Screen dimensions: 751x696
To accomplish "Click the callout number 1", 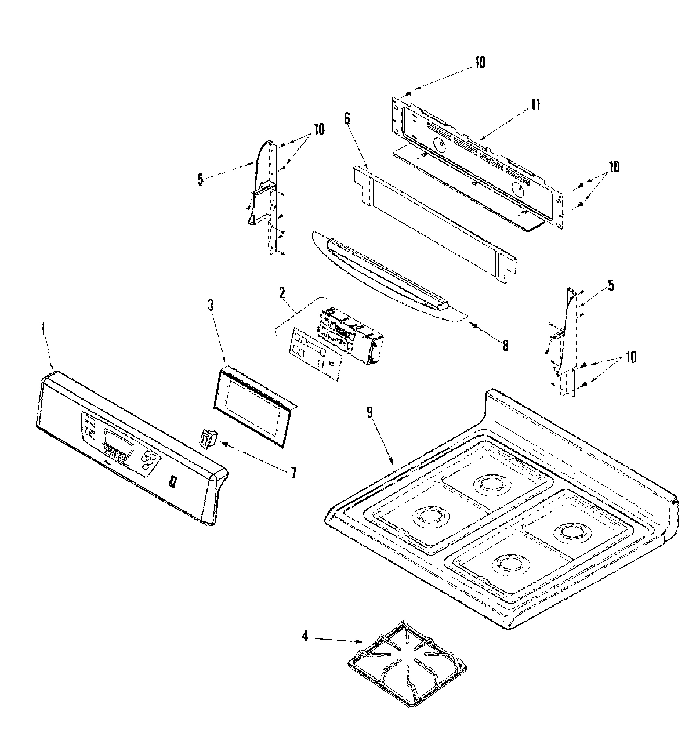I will (x=42, y=328).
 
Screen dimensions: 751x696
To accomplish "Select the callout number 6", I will (x=347, y=119).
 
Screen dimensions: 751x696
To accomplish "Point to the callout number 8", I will (x=505, y=346).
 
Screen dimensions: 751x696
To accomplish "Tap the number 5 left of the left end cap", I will (x=201, y=180).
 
